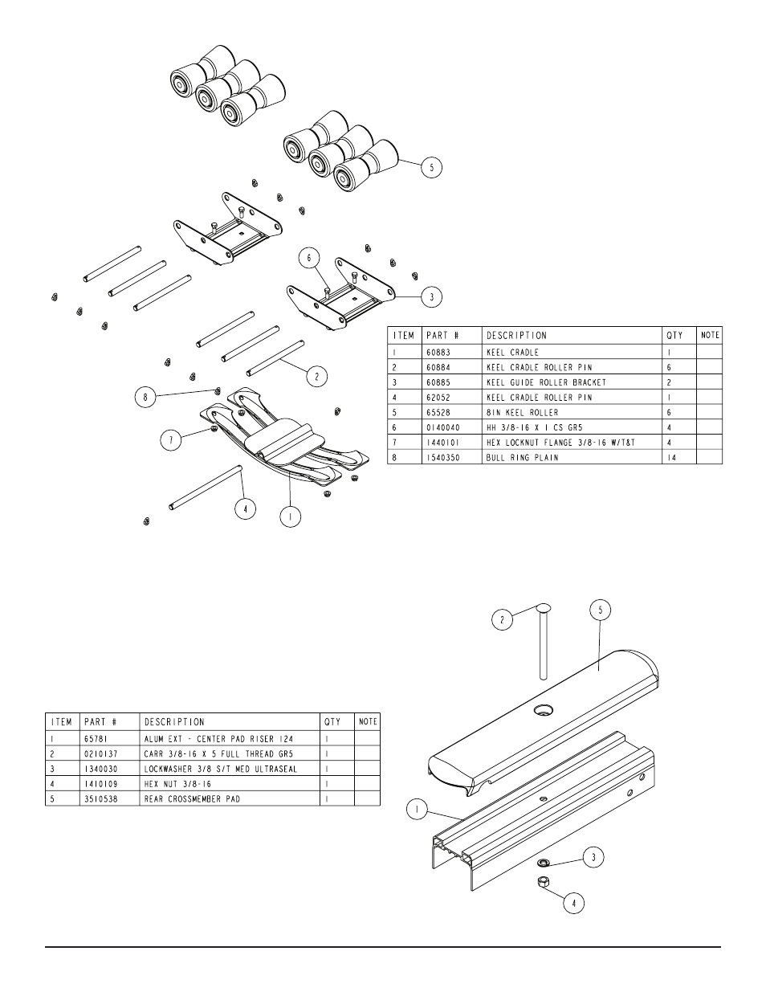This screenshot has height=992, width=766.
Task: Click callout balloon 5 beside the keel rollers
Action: [x=432, y=168]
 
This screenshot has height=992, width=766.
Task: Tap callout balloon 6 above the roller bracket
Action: [x=309, y=258]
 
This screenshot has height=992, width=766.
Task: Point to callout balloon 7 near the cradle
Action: [x=170, y=439]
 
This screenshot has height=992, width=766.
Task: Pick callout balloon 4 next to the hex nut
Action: [x=573, y=903]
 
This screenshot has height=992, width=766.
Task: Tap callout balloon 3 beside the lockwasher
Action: [x=593, y=857]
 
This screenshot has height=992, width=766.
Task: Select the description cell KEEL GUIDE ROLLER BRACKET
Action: [x=546, y=382]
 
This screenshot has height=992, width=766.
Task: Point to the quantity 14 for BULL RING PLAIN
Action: [x=671, y=457]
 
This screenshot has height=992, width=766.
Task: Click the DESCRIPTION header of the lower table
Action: [x=174, y=722]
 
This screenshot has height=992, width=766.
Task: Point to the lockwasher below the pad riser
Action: [x=542, y=863]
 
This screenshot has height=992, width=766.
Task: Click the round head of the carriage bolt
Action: [x=541, y=607]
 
